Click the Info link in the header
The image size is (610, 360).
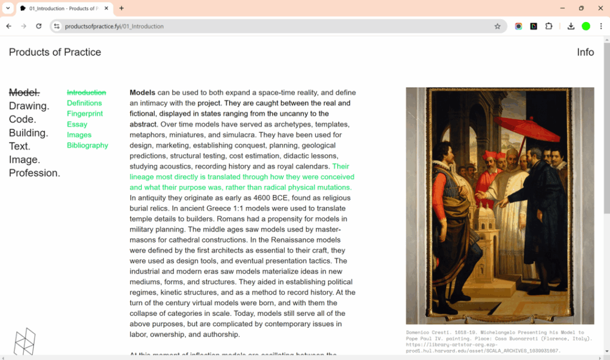[585, 52]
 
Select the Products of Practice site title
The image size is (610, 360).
[55, 52]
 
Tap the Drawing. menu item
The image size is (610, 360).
[29, 106]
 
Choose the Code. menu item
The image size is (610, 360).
[23, 119]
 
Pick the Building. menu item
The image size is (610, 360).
[29, 133]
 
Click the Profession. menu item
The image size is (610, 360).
[35, 173]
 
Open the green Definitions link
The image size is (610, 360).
[84, 103]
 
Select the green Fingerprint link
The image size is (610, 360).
[85, 114]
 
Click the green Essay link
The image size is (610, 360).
[77, 125]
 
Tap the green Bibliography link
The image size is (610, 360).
[88, 145]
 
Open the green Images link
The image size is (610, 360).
[79, 135]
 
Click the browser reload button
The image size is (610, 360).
[39, 26]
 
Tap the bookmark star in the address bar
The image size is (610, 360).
[497, 26]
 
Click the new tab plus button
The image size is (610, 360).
[122, 8]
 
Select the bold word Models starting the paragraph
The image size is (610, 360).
[142, 93]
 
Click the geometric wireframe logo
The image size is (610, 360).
[24, 342]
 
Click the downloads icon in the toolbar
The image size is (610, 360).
[571, 26]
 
